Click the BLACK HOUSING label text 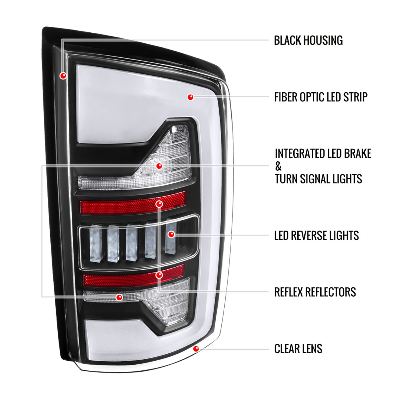point(308,40)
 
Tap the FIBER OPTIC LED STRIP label point(321,97)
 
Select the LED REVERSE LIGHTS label point(316,235)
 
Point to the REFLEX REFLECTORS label point(315,292)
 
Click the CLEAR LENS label point(298,349)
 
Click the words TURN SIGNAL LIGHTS point(318,179)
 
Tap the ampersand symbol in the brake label point(278,166)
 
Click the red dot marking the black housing point(63,76)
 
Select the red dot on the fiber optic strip point(190,97)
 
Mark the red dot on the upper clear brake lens point(159,166)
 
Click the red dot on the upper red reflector point(159,204)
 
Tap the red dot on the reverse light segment point(171,234)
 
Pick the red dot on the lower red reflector point(159,275)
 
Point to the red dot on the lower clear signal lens point(119,297)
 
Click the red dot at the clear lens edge point(196,349)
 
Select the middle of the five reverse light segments point(132,242)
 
